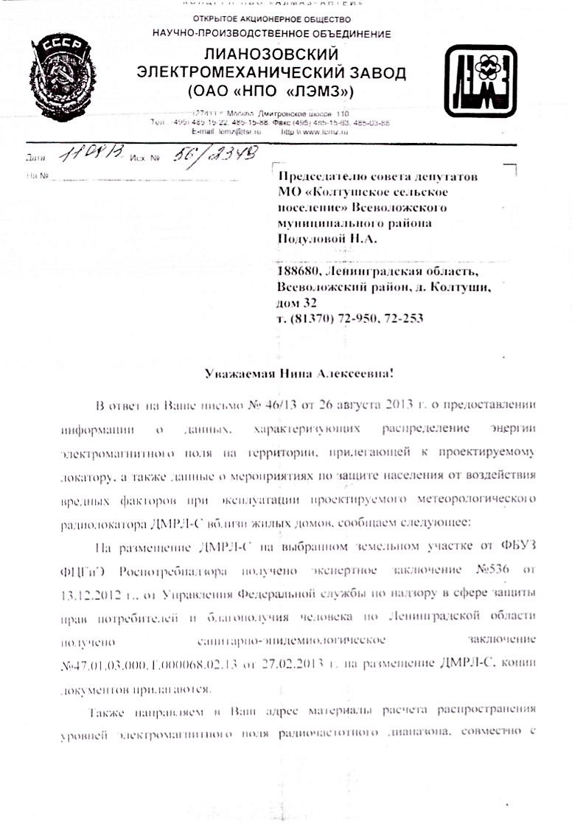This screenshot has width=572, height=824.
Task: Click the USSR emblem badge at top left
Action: pos(59,71)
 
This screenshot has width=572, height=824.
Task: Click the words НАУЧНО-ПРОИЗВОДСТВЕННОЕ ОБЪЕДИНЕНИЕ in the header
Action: pos(272,33)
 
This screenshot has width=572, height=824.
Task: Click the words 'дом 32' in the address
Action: pos(297,303)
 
